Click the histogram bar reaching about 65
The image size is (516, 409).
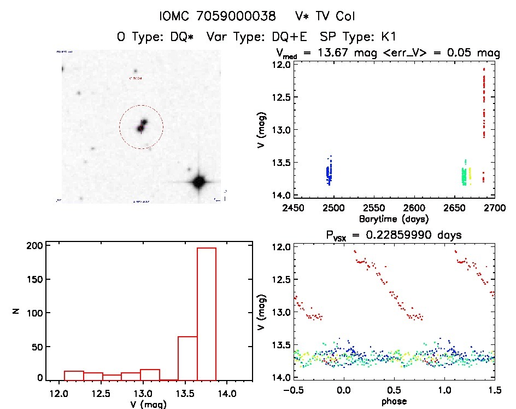187,358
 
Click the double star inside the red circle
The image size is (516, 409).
142,125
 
